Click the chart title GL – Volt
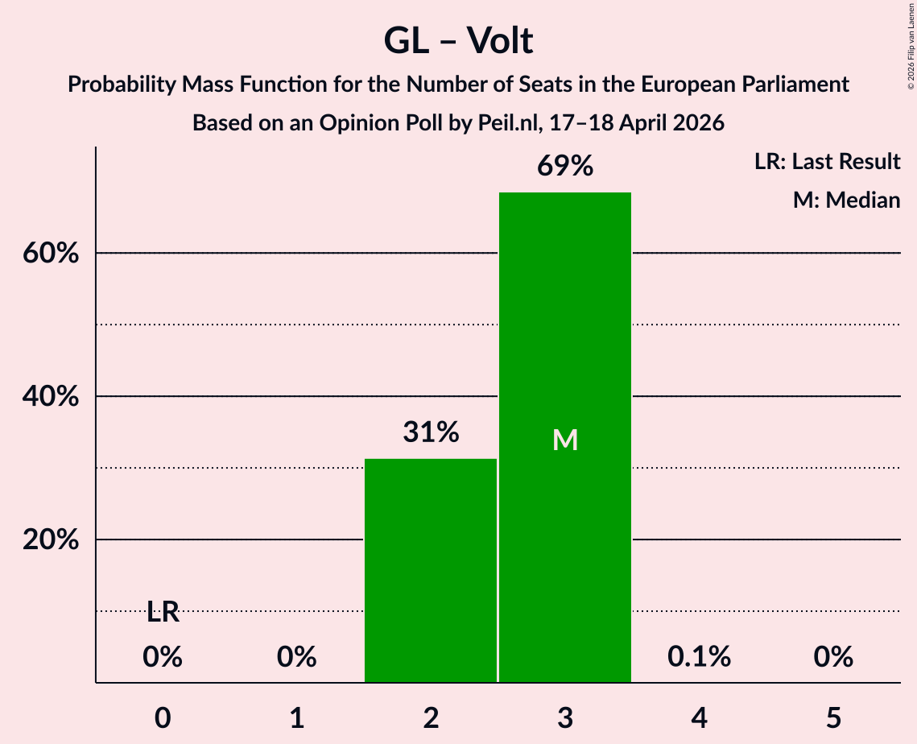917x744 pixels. coord(458,40)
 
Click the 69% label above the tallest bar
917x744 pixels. coord(565,167)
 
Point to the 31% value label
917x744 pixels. coord(431,433)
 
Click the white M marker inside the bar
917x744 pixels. coord(565,440)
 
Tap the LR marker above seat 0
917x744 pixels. coord(163,613)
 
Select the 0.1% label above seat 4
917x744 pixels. coord(699,657)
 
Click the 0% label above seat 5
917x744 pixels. coord(832,657)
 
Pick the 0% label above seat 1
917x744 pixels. coord(296,657)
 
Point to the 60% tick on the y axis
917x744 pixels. coord(51,254)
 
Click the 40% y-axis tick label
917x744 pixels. coord(51,397)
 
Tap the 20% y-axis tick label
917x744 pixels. coord(51,540)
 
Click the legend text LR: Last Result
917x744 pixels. coord(827,162)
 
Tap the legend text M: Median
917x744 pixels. coord(846,200)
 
